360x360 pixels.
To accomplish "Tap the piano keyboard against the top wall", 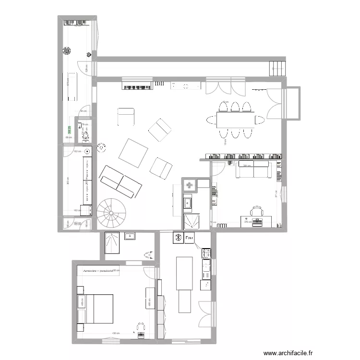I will click(137, 85).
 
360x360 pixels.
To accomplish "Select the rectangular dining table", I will click(234, 118).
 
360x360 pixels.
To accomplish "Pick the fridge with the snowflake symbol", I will click(177, 237).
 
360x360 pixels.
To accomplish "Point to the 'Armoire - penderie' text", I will click(97, 271).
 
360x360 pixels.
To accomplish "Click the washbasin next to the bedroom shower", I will click(130, 236).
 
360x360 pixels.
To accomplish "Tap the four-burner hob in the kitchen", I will click(206, 252).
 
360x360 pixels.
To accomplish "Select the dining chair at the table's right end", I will click(259, 119).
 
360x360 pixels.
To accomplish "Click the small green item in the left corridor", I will click(69, 129).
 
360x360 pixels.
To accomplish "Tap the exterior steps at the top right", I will click(277, 68).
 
